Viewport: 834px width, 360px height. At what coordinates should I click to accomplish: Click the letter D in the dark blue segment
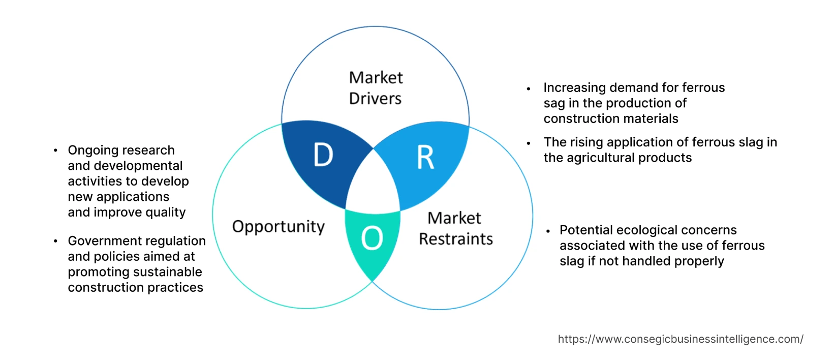323,155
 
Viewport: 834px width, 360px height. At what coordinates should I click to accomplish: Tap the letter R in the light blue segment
425,158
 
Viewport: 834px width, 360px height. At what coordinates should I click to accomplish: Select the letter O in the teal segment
372,238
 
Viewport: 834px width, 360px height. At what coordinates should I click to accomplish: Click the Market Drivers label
376,88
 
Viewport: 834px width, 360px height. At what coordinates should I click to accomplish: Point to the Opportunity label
278,226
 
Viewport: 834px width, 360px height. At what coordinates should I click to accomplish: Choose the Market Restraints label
455,228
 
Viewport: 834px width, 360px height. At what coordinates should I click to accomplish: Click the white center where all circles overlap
374,186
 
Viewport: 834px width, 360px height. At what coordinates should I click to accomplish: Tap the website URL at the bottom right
680,339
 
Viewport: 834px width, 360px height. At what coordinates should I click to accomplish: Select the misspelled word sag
554,103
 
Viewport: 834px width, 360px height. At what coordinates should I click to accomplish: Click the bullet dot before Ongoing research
55,151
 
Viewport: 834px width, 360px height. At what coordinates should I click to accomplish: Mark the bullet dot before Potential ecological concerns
548,231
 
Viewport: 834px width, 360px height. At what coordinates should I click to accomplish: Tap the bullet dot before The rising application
529,143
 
